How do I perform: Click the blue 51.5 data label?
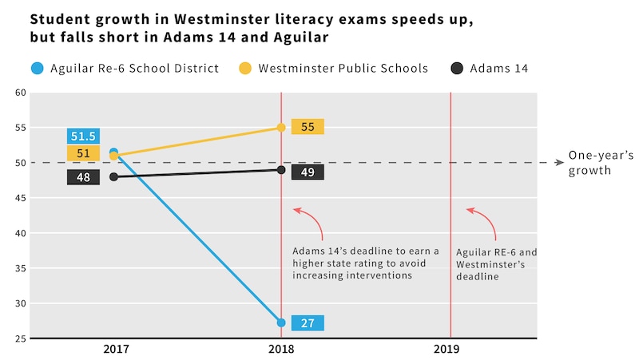tap(83, 136)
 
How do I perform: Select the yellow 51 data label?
tap(83, 154)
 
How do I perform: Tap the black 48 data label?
tap(83, 177)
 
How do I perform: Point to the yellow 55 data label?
tap(308, 127)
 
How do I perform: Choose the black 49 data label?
tap(308, 172)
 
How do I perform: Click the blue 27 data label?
tap(308, 323)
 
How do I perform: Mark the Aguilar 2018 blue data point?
tap(281, 322)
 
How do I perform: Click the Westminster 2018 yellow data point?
tap(281, 128)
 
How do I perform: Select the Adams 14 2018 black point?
tap(281, 170)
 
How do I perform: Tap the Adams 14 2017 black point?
tap(113, 176)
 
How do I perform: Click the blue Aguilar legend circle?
tap(38, 69)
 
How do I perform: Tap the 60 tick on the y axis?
tap(21, 93)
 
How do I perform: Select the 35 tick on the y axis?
tap(21, 268)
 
